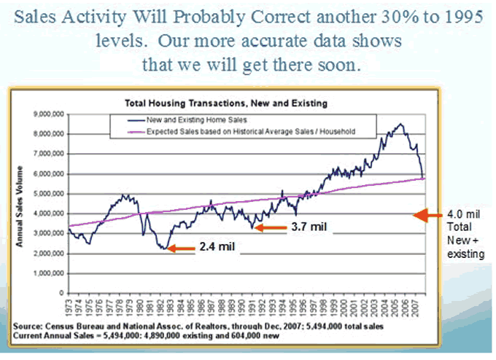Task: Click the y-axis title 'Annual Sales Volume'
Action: point(23,206)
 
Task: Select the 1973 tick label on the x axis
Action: point(68,306)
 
